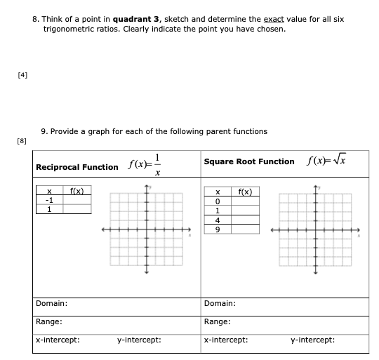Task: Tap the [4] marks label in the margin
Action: click(13, 72)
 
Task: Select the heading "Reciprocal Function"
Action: click(77, 167)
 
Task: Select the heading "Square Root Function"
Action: click(248, 161)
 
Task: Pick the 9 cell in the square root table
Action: click(218, 229)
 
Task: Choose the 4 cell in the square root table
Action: click(218, 220)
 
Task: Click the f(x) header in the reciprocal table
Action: click(77, 190)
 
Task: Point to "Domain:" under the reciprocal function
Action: click(52, 303)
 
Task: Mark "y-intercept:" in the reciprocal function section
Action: click(139, 340)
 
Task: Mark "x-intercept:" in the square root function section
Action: click(223, 340)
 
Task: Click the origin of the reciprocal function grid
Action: click(147, 229)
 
